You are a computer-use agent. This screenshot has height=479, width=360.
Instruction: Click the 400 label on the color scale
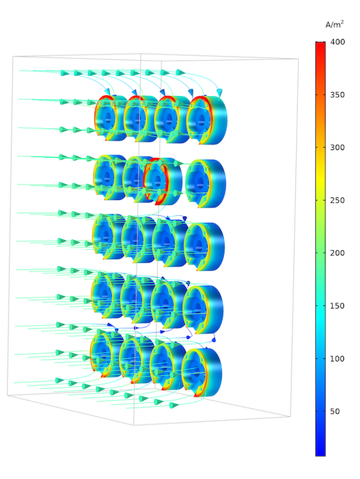tap(337, 42)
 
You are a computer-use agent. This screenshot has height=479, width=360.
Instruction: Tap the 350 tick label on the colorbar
tap(337, 95)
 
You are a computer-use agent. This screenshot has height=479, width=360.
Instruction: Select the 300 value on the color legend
tap(337, 147)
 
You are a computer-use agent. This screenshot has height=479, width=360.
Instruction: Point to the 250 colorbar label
tap(337, 201)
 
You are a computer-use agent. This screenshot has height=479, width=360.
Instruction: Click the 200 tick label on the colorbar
tap(337, 253)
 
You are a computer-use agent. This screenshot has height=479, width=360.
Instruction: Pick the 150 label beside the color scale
tap(337, 306)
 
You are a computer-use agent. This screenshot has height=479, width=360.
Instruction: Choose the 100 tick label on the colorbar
tap(337, 359)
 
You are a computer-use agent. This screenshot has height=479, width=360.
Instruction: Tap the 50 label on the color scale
tap(334, 412)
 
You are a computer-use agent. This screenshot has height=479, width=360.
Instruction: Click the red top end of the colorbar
tap(321, 45)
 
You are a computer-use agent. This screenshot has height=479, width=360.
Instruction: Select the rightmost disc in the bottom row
tap(202, 371)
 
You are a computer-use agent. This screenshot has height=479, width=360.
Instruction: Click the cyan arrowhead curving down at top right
tap(219, 92)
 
